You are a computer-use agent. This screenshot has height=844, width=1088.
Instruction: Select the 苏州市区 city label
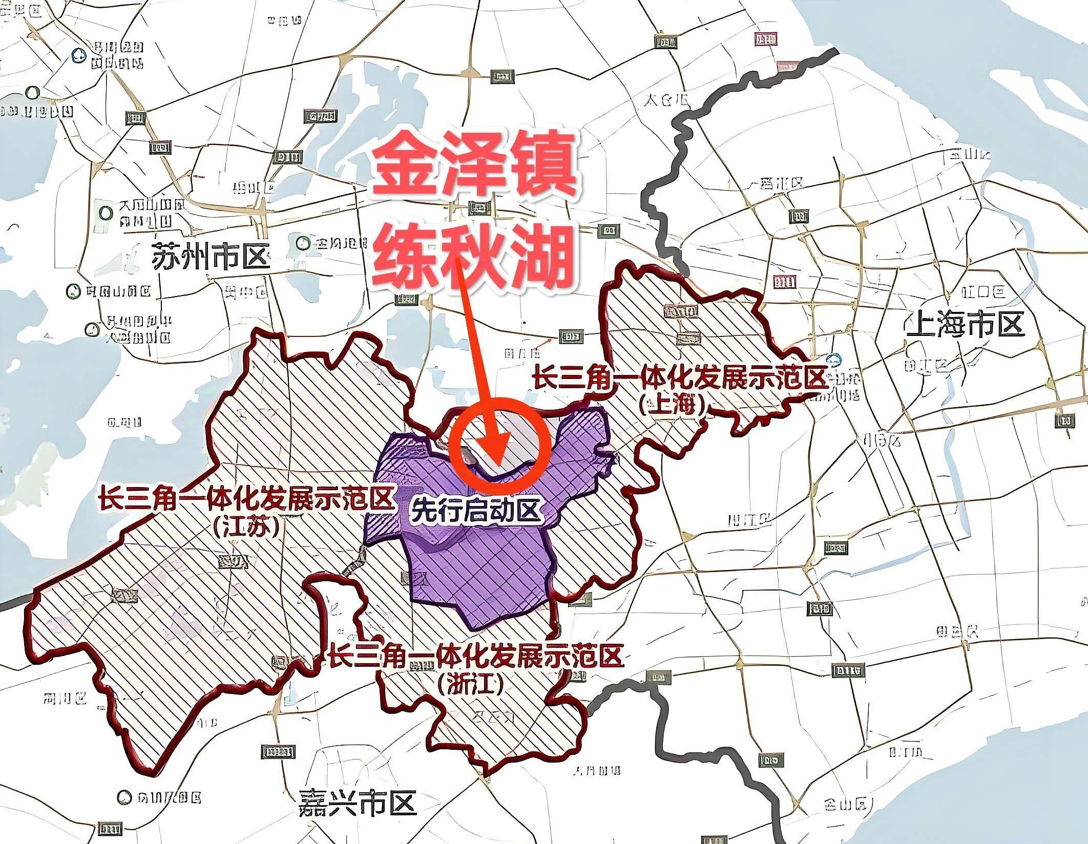[x=211, y=257]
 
